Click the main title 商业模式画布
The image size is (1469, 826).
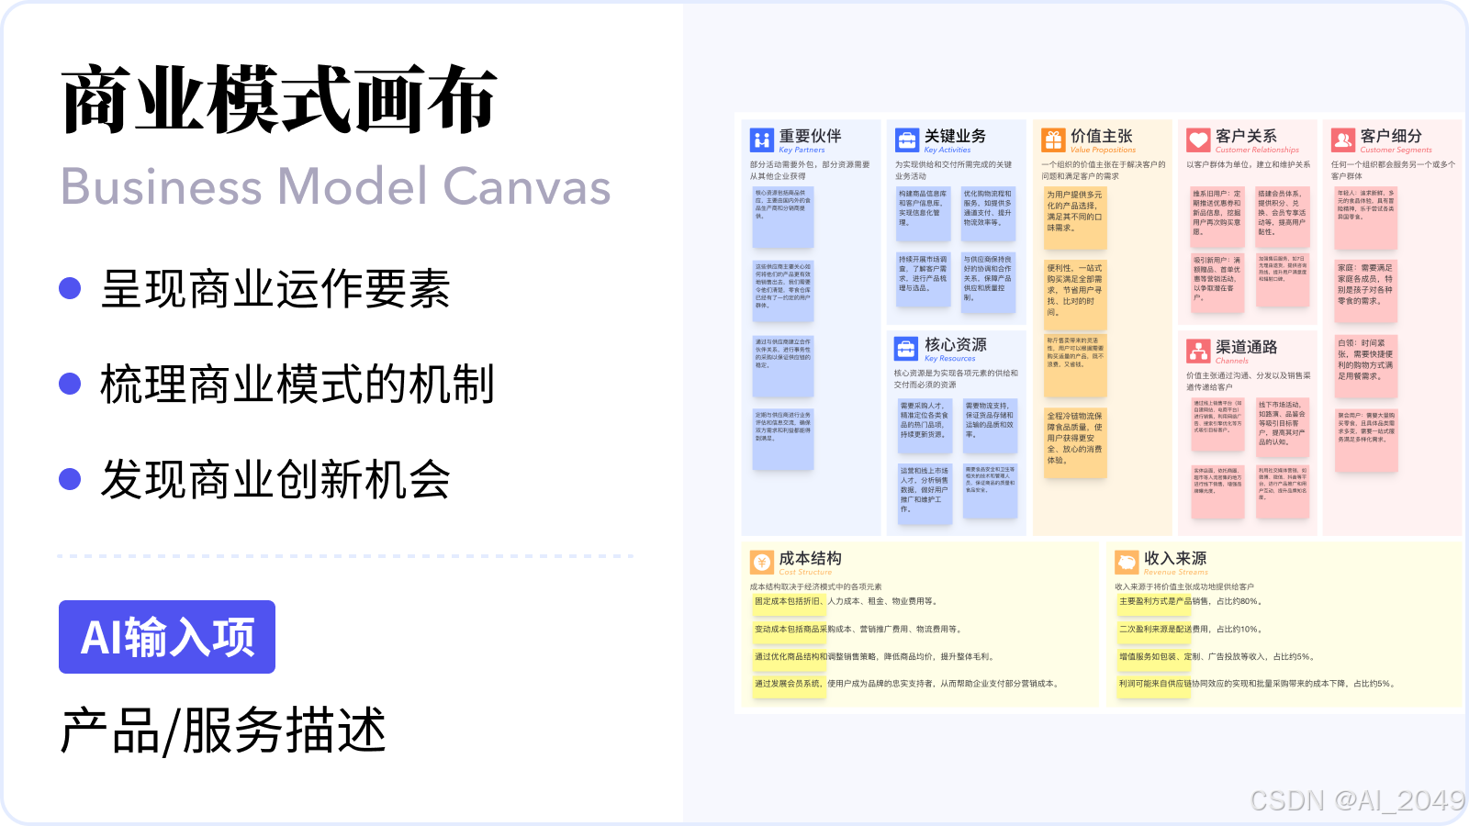point(280,100)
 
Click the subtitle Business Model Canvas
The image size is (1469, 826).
point(335,186)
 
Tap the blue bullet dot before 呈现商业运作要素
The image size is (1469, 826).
point(70,288)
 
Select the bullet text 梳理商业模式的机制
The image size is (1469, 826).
point(297,385)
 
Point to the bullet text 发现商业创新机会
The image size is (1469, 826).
point(275,479)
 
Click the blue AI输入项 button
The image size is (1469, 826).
point(167,637)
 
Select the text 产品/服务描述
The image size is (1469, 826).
point(223,731)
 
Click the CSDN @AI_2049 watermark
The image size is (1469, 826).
point(1356,800)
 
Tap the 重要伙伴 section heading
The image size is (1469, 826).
point(810,136)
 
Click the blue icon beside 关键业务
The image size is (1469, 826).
point(907,140)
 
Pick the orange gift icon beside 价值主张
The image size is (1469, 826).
point(1053,140)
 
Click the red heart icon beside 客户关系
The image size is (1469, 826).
point(1198,140)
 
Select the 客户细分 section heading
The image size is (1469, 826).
point(1391,136)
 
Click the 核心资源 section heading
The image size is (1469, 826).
point(955,344)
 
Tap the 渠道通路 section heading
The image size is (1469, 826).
point(1246,347)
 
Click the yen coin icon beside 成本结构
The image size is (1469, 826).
point(761,562)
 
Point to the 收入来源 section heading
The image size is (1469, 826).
point(1174,558)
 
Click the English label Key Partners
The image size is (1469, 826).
point(802,150)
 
